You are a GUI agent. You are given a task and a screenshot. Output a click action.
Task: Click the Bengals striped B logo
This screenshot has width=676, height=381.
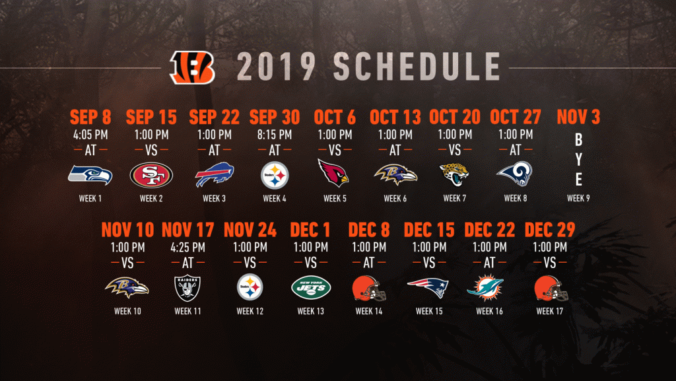192,67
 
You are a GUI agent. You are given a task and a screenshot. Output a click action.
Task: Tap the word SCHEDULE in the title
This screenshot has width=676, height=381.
417,67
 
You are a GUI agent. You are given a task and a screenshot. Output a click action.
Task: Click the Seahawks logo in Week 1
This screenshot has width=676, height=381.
90,175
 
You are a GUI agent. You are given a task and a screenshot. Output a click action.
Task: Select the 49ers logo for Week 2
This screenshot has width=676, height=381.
151,175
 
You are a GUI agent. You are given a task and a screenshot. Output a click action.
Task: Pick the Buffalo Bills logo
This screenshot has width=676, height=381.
215,174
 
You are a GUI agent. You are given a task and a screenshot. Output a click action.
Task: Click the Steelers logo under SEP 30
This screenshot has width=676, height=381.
275,175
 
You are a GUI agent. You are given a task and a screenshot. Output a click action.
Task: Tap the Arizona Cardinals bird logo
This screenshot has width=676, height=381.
333,172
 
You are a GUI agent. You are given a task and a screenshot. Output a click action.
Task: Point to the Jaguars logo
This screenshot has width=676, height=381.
454,174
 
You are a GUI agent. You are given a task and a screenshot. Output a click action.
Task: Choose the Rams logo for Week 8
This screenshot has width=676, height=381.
515,174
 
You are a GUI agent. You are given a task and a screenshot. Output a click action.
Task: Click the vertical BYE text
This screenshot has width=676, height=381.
578,160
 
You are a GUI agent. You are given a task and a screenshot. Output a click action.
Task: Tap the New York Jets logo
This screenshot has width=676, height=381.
311,287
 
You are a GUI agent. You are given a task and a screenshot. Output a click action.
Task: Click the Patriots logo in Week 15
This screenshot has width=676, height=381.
428,287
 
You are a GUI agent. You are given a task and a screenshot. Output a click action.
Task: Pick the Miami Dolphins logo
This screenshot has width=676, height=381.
485,287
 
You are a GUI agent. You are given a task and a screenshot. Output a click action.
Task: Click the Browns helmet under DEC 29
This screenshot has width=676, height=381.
551,288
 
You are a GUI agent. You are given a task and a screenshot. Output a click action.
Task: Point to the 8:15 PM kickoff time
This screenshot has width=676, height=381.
275,135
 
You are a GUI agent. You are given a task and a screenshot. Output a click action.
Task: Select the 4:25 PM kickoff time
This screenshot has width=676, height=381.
187,248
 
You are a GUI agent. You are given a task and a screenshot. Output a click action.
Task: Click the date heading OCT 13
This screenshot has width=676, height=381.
395,118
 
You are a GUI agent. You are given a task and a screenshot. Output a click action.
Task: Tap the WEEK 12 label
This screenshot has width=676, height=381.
250,311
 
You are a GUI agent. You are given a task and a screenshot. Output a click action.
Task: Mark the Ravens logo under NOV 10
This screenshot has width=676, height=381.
127,287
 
